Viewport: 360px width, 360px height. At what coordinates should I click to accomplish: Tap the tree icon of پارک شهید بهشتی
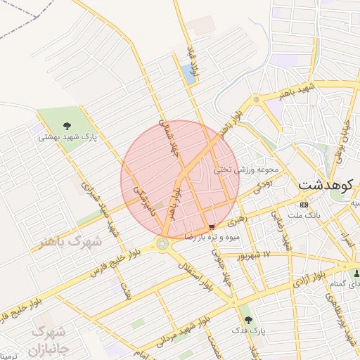[x=67, y=126]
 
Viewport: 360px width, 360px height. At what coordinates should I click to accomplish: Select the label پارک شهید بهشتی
[x=67, y=136]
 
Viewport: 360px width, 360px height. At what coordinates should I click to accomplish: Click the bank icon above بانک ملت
[x=304, y=205]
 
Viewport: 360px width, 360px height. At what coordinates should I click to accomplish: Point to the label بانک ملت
[x=304, y=214]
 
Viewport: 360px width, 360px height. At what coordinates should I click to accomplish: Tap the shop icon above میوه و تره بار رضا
[x=212, y=226]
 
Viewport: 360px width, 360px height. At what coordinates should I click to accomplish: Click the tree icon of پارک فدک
[x=245, y=318]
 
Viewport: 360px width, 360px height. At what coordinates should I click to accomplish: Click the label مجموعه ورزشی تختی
[x=246, y=169]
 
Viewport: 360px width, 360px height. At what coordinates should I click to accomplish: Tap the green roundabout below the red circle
[x=163, y=244]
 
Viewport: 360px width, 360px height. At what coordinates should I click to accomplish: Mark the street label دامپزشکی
[x=142, y=200]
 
